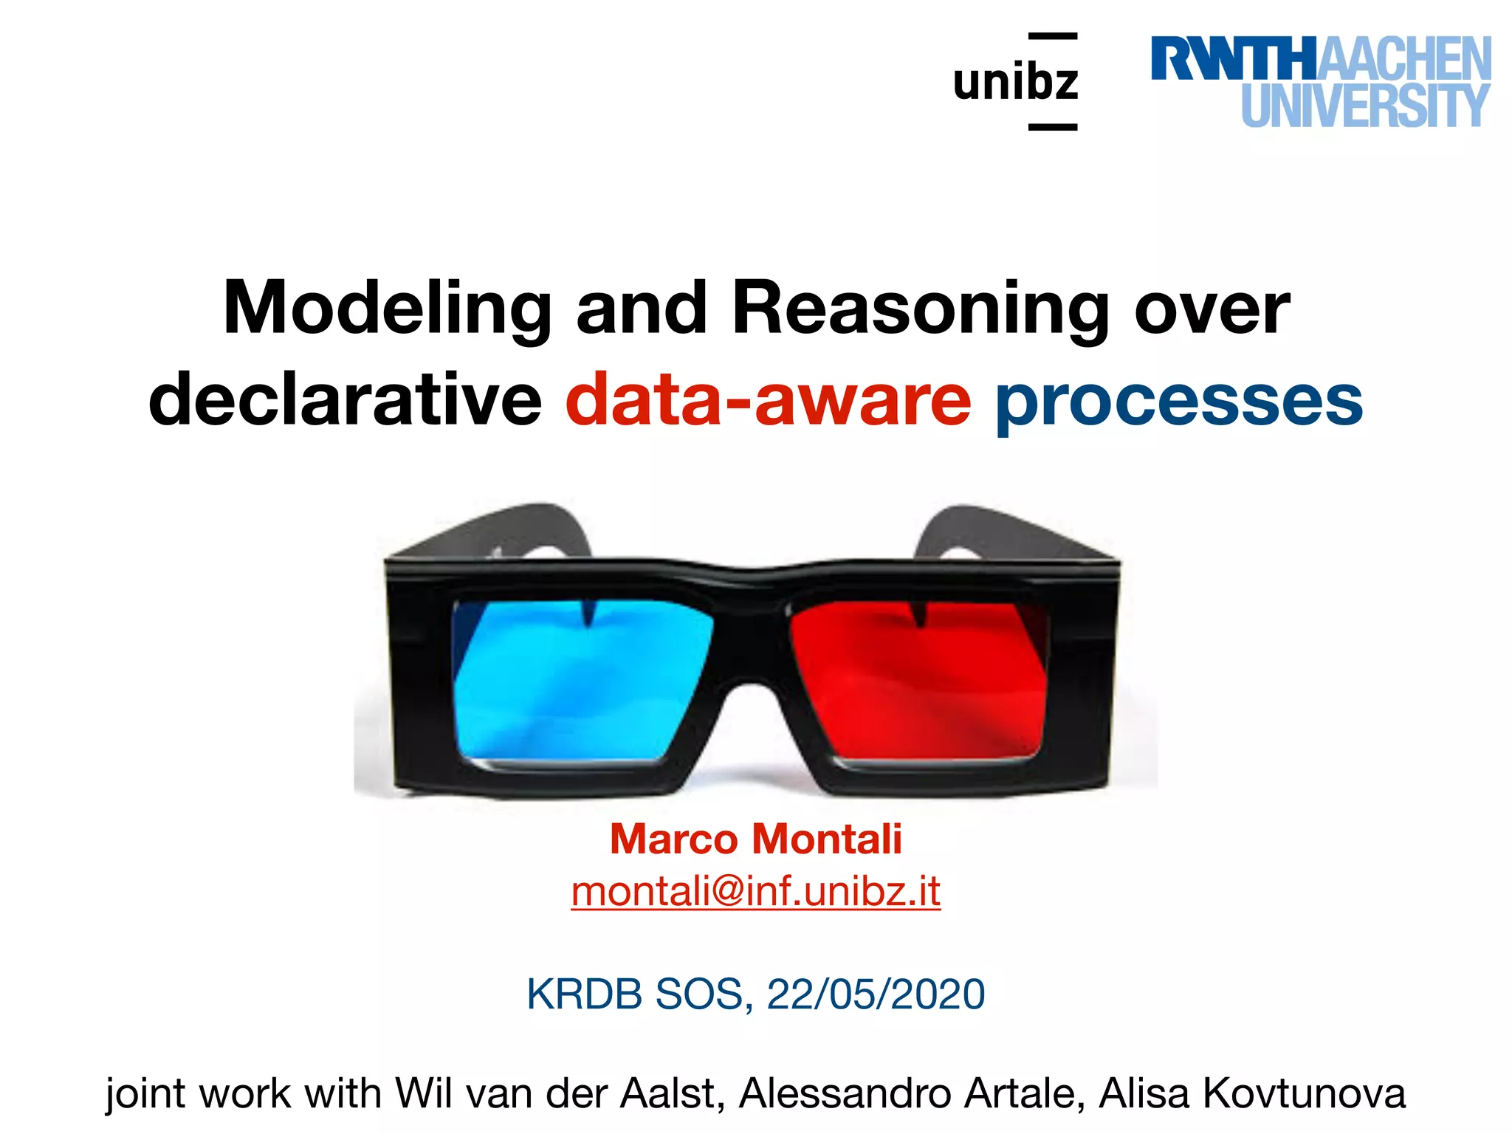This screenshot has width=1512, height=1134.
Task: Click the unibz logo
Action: [x=1016, y=81]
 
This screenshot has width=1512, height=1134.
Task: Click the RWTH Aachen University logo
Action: [x=1321, y=81]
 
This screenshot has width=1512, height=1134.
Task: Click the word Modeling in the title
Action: [x=387, y=309]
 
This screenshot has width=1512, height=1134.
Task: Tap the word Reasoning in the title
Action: [x=921, y=309]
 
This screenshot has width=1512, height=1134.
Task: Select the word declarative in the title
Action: [x=345, y=399]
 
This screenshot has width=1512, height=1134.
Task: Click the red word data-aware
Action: [x=768, y=399]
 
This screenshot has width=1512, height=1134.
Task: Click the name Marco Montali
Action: [x=755, y=839]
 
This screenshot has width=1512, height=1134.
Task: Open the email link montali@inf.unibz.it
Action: [x=755, y=891]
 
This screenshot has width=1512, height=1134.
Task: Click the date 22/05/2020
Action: [x=876, y=994]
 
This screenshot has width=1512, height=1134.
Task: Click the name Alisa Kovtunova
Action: [x=1252, y=1093]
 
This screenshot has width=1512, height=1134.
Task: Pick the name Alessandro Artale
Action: [x=912, y=1093]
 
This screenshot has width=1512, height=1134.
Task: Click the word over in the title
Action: [x=1212, y=309]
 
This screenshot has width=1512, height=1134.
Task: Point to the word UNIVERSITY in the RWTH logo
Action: [x=1365, y=106]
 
